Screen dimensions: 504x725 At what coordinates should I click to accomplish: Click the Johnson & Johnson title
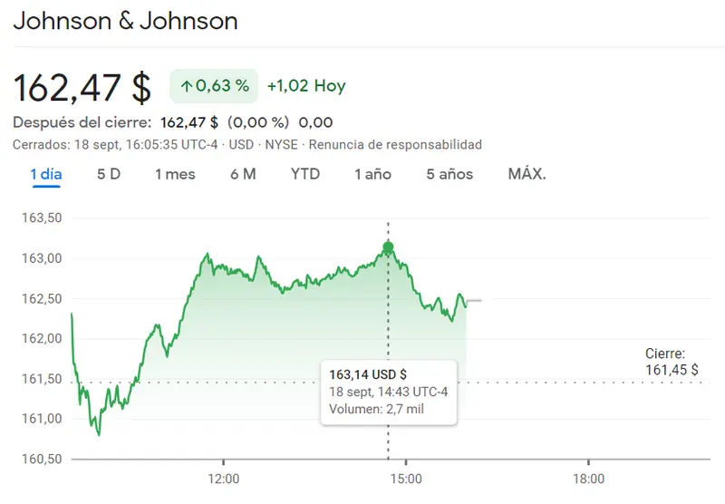pos(125,21)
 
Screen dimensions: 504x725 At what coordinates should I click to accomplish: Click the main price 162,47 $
pos(82,87)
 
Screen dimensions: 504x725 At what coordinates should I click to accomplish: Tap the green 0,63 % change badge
pos(214,87)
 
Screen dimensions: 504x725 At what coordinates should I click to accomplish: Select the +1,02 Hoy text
pos(306,87)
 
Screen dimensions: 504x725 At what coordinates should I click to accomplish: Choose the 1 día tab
pos(46,174)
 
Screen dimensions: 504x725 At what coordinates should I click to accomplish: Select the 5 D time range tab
pos(109,174)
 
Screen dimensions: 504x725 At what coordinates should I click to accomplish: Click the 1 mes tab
pos(175,174)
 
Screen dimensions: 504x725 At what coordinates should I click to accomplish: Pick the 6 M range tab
pos(243,174)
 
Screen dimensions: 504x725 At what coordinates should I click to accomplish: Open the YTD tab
pos(305,174)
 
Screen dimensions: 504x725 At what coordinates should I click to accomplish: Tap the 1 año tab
pos(372,174)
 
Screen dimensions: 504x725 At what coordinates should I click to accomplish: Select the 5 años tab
pos(449,174)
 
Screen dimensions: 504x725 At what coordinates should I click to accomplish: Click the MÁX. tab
pos(527,174)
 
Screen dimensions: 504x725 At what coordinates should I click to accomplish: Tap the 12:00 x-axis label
pos(223,478)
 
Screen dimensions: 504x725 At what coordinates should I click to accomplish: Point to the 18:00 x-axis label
pos(588,478)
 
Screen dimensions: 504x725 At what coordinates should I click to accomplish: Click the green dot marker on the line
pos(388,247)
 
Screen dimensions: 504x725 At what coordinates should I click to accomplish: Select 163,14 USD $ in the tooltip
pos(368,374)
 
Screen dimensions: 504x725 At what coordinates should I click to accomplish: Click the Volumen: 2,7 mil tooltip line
pos(376,409)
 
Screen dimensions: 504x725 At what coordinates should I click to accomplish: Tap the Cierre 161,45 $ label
pos(672,362)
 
